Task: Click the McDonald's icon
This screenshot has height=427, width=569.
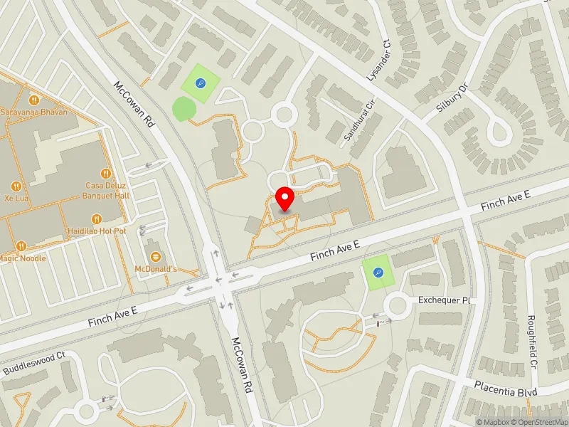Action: tap(156, 256)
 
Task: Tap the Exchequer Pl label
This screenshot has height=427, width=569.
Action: tap(445, 301)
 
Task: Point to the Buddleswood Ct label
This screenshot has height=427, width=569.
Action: tap(34, 363)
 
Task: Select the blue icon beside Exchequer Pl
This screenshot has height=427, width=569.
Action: tap(378, 272)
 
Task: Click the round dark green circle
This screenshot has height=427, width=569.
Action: tap(184, 110)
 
